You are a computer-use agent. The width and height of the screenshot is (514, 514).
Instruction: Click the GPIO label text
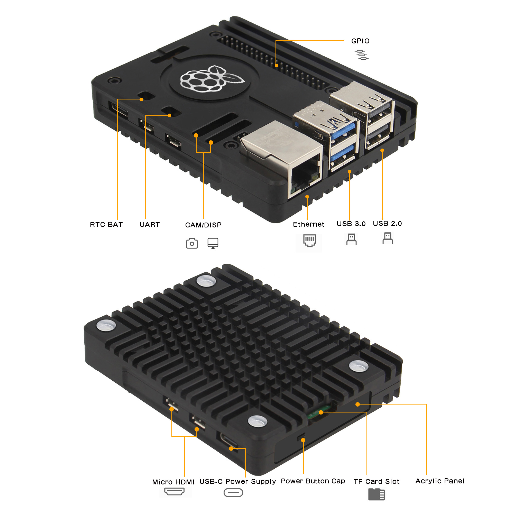360,41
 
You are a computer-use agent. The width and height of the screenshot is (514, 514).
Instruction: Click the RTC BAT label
106,225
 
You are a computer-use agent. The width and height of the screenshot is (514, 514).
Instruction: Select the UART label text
150,225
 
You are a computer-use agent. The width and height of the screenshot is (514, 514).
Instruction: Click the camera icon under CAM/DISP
192,243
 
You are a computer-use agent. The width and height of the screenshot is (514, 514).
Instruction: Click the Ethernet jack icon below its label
310,241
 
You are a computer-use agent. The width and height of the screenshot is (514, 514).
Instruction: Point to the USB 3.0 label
351,224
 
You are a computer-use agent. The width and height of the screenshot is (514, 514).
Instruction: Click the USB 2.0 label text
387,224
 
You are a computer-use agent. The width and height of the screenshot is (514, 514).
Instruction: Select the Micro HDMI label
173,482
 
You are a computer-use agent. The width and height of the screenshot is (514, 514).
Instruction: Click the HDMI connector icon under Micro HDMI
174,491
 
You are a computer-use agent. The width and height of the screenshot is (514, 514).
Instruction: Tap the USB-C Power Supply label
237,481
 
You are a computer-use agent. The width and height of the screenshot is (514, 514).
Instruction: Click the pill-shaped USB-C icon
233,492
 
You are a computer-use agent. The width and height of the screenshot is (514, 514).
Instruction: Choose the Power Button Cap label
313,481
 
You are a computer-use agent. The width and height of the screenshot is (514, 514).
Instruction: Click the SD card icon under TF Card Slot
377,494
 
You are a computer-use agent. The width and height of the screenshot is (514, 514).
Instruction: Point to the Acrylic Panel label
440,481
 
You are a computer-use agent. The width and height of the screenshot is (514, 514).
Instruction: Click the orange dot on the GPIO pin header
277,66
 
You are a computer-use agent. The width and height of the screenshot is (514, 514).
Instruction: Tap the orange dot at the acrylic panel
357,404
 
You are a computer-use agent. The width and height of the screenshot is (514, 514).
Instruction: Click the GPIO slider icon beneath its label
361,55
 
